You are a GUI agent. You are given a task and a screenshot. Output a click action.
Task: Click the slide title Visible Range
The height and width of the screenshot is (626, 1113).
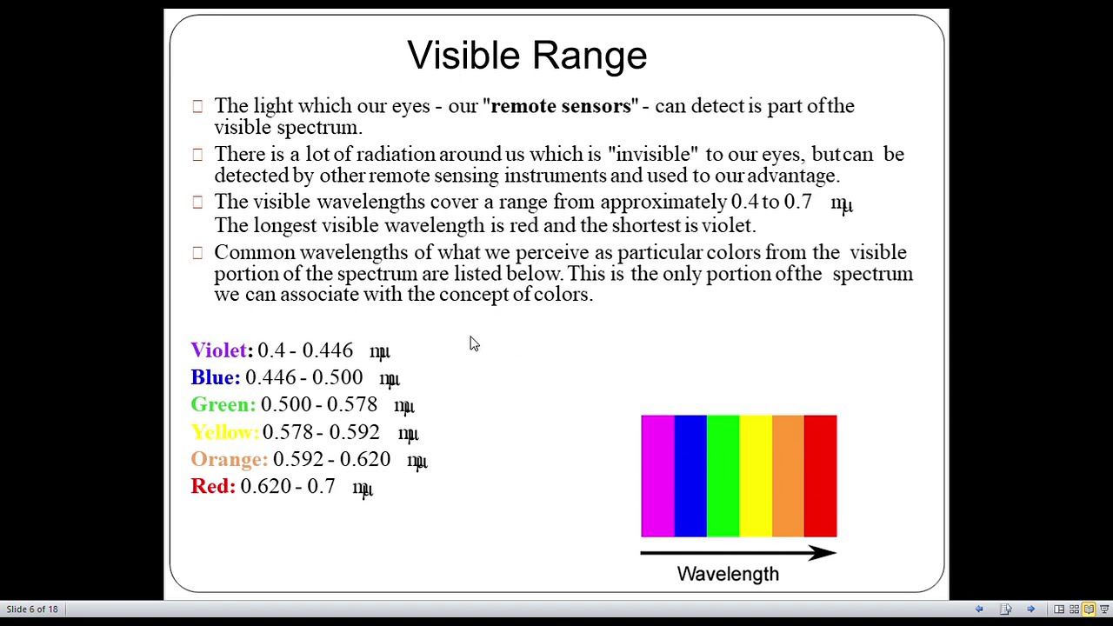(x=527, y=55)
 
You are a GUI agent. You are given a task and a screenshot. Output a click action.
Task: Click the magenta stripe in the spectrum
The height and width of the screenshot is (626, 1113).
(x=657, y=476)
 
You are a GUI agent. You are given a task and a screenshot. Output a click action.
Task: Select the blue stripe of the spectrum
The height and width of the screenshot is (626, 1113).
(x=690, y=476)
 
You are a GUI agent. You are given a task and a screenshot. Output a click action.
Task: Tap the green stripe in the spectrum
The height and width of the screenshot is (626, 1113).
(x=723, y=476)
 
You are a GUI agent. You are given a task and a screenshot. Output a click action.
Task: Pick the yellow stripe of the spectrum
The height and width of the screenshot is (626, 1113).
(x=756, y=476)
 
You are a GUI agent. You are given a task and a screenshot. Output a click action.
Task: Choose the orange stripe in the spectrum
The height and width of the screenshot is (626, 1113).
(x=788, y=476)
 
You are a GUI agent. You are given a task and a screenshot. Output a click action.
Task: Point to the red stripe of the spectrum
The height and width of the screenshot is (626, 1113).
(x=820, y=476)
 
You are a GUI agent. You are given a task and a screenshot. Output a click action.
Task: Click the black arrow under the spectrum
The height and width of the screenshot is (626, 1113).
(x=738, y=553)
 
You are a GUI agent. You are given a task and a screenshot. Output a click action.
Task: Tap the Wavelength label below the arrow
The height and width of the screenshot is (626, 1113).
(x=728, y=574)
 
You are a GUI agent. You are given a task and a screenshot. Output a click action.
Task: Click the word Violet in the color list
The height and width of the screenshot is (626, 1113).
(x=219, y=350)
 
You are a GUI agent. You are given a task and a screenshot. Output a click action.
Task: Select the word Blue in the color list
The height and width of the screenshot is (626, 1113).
(x=215, y=377)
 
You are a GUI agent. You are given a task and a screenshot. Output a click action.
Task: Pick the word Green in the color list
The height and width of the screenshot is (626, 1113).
(x=223, y=404)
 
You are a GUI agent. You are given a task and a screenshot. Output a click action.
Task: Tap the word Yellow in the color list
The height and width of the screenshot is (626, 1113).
(x=224, y=432)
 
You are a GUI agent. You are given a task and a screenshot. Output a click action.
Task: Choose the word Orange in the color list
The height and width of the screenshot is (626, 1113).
(x=229, y=459)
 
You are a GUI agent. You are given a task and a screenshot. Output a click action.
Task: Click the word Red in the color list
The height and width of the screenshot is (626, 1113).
(x=212, y=486)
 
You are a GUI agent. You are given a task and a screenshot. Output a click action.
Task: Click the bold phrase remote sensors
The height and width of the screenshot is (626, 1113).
(x=561, y=106)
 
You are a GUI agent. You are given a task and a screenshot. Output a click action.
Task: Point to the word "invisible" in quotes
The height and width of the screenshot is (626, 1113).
(x=653, y=154)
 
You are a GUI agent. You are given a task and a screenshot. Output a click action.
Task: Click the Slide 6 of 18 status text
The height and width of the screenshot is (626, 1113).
(x=32, y=609)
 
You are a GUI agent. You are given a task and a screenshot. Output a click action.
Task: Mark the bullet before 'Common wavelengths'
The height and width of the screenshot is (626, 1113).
(x=197, y=253)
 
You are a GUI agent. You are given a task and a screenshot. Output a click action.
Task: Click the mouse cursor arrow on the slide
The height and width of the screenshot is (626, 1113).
(x=473, y=344)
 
